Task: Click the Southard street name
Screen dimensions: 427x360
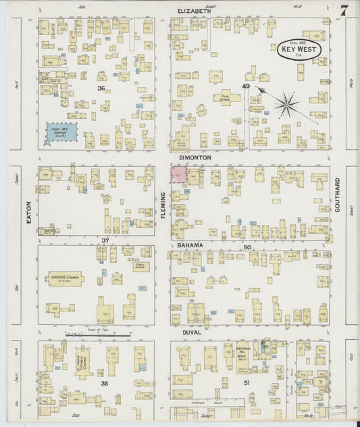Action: click(337, 195)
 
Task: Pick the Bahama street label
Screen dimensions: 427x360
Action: click(192, 243)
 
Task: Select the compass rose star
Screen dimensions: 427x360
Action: click(288, 104)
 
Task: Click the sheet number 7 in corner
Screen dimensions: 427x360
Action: click(344, 10)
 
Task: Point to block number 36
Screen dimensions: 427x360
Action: click(100, 89)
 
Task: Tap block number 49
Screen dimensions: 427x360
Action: click(247, 86)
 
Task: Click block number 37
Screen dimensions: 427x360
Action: click(105, 240)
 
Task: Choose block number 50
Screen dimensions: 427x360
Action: click(247, 247)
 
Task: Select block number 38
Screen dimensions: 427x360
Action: click(105, 383)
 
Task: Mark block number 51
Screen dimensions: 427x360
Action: click(247, 383)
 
